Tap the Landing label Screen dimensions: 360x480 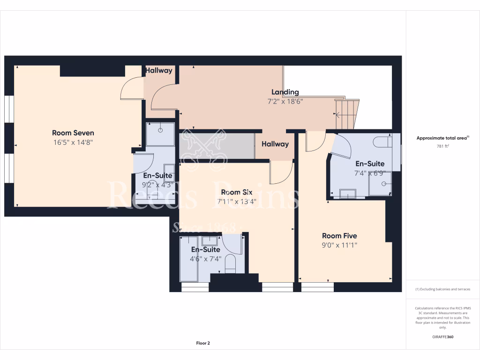click(x=285, y=92)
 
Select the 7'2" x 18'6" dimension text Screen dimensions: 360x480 click(x=285, y=101)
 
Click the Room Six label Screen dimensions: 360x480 click(x=237, y=192)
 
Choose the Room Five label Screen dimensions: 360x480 click(x=339, y=236)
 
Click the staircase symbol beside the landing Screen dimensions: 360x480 click(x=347, y=113)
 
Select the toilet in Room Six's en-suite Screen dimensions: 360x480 click(x=231, y=264)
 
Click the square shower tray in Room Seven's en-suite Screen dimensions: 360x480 click(x=160, y=134)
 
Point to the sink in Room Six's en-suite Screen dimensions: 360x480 click(x=210, y=241)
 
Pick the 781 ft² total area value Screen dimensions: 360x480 click(x=443, y=146)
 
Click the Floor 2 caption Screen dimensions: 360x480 click(x=203, y=343)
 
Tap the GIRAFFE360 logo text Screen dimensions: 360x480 click(x=443, y=337)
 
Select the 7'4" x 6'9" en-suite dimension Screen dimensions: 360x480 click(x=370, y=173)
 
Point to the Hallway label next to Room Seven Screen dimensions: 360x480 click(x=158, y=70)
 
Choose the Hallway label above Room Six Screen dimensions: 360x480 click(x=275, y=144)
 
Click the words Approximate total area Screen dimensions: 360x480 click(x=442, y=138)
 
